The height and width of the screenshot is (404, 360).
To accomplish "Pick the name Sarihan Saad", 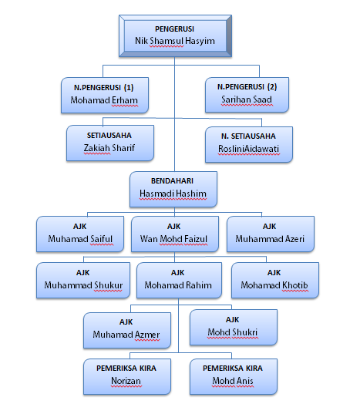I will pyautogui.click(x=247, y=100).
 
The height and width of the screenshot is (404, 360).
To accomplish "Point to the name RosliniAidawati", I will pyautogui.click(x=248, y=149).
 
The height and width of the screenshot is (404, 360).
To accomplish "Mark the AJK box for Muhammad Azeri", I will pyautogui.click(x=269, y=233).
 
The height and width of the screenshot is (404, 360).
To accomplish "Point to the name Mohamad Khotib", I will pyautogui.click(x=274, y=285).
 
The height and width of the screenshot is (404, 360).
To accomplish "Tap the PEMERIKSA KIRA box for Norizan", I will pyautogui.click(x=126, y=375).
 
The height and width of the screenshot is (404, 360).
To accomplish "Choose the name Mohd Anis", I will pyautogui.click(x=233, y=382).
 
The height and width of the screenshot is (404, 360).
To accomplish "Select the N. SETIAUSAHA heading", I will pyautogui.click(x=248, y=134).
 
